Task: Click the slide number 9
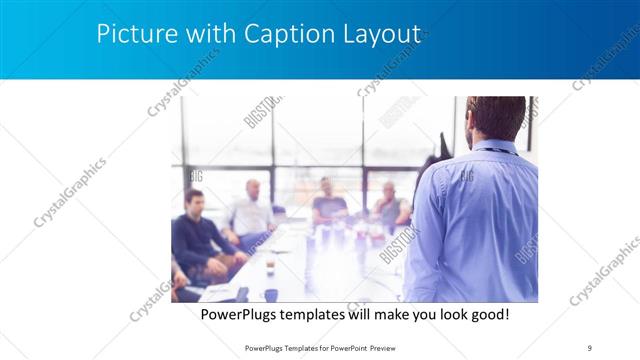click(x=589, y=347)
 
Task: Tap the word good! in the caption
click(x=488, y=314)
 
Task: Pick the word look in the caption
click(x=447, y=314)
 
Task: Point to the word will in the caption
click(x=358, y=314)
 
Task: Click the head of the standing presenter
click(x=496, y=118)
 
